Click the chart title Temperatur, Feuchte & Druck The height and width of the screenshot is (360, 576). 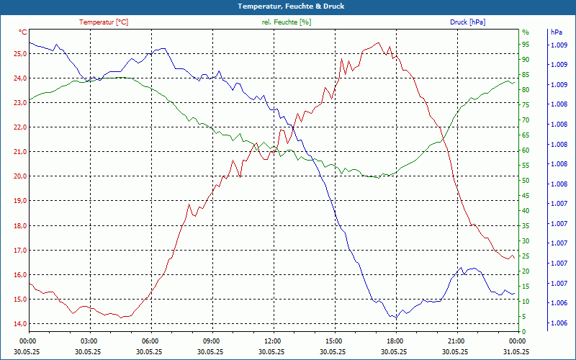[291, 6]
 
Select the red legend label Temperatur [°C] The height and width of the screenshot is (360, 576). [104, 22]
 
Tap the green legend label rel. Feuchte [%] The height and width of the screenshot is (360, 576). [287, 22]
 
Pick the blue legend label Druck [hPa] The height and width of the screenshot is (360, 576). [467, 22]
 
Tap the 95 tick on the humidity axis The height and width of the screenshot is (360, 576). [526, 45]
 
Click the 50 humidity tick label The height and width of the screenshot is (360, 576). [526, 181]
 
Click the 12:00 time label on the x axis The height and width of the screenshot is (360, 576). [273, 341]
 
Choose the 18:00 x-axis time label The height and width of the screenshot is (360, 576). [395, 341]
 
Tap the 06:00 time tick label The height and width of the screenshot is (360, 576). [150, 341]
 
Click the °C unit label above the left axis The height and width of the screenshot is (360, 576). [23, 32]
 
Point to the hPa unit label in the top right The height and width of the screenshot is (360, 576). [557, 32]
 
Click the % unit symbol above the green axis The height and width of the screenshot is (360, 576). [526, 32]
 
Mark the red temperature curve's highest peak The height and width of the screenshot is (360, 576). [379, 43]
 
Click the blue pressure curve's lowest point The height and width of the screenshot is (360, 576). [395, 318]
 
